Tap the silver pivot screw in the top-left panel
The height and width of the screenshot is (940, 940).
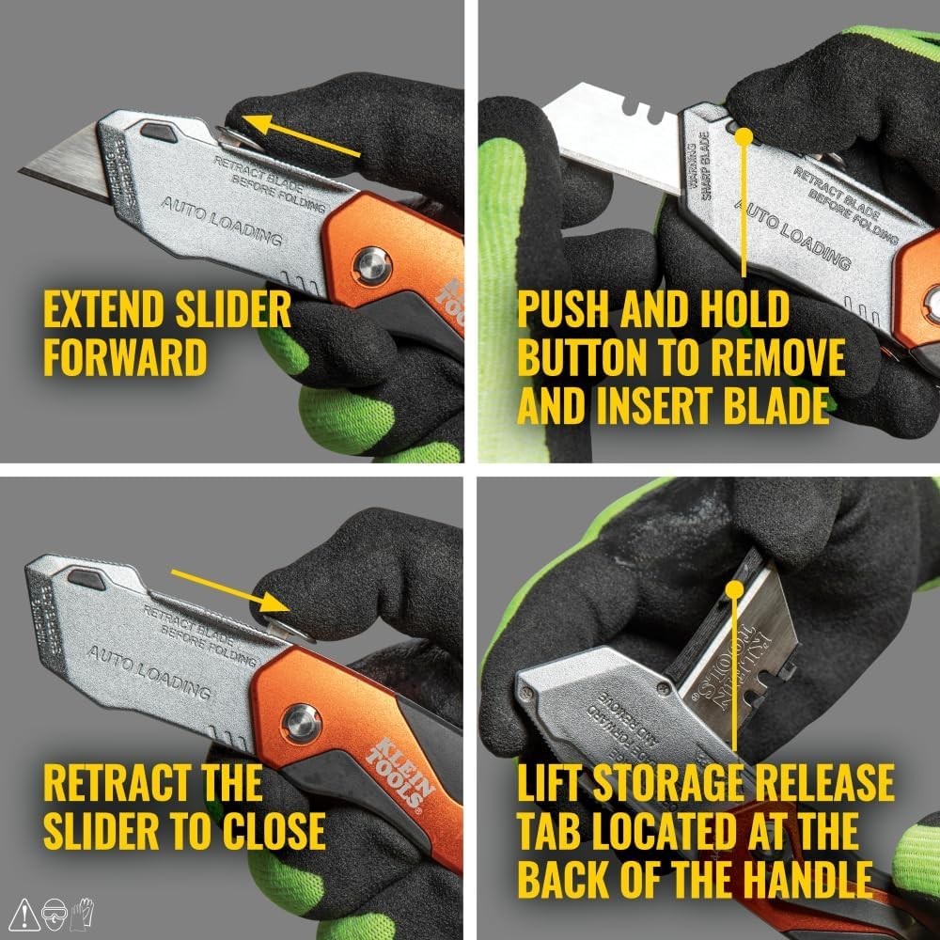point(373,265)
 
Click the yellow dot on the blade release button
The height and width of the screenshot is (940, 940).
point(744,136)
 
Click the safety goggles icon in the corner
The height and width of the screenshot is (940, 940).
point(55,911)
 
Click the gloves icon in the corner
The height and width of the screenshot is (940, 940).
point(85,910)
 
